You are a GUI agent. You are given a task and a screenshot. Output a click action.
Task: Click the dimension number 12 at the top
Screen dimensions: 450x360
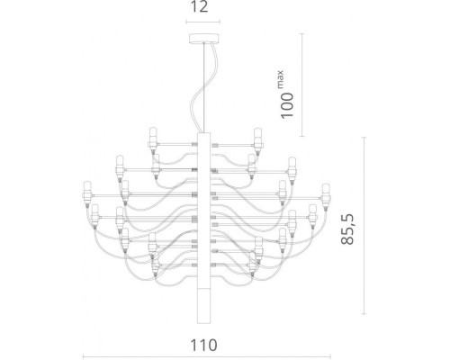(x=199, y=6)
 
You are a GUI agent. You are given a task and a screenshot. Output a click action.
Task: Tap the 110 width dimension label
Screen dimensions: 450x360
(x=203, y=346)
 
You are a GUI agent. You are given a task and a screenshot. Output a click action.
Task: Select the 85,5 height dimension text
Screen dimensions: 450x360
(x=347, y=229)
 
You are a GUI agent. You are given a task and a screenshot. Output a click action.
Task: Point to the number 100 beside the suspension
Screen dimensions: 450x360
(x=287, y=105)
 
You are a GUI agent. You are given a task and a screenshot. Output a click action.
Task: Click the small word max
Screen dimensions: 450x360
(x=281, y=79)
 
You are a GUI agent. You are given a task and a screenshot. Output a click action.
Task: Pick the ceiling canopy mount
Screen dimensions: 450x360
(x=203, y=38)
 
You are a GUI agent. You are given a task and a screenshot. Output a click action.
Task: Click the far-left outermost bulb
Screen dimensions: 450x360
(x=87, y=193)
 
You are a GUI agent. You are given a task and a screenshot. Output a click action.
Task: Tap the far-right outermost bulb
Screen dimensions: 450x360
(x=326, y=196)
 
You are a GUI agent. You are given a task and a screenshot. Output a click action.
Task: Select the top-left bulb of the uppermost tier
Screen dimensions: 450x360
(x=153, y=140)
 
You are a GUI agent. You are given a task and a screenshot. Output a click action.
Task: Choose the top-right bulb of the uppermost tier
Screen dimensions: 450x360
(x=257, y=140)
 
